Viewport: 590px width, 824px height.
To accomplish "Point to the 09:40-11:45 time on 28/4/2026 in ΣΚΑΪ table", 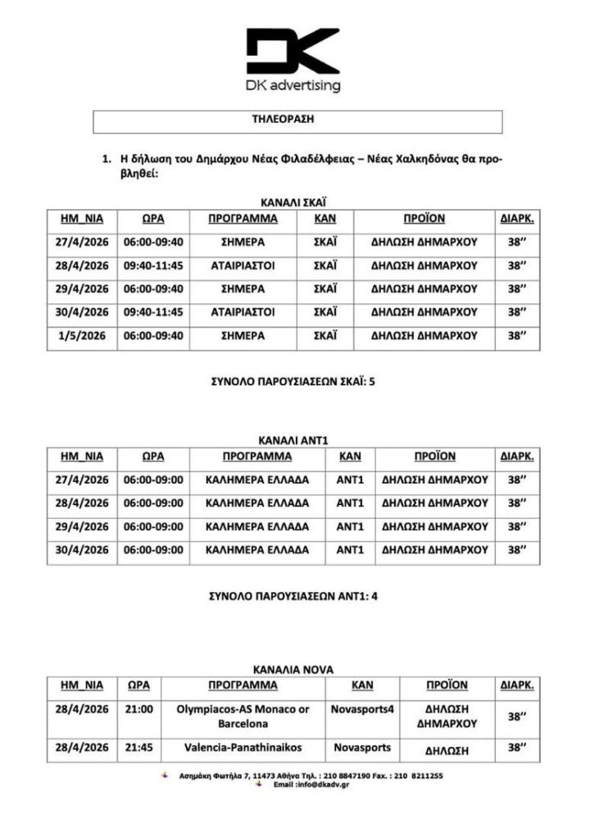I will (x=153, y=266).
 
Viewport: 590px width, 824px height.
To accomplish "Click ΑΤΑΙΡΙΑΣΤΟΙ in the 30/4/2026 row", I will (x=243, y=312).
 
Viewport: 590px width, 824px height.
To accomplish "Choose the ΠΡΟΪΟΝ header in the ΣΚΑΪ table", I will (x=424, y=219).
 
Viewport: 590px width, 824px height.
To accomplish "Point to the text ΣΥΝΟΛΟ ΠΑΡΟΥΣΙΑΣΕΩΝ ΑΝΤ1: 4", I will (x=293, y=596).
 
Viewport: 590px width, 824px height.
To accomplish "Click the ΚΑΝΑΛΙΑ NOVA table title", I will (x=293, y=668).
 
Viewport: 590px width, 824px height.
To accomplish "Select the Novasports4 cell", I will (x=362, y=708).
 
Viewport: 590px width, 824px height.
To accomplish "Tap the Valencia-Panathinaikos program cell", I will (x=243, y=748).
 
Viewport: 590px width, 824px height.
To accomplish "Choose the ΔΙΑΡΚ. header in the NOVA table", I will (x=516, y=685).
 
